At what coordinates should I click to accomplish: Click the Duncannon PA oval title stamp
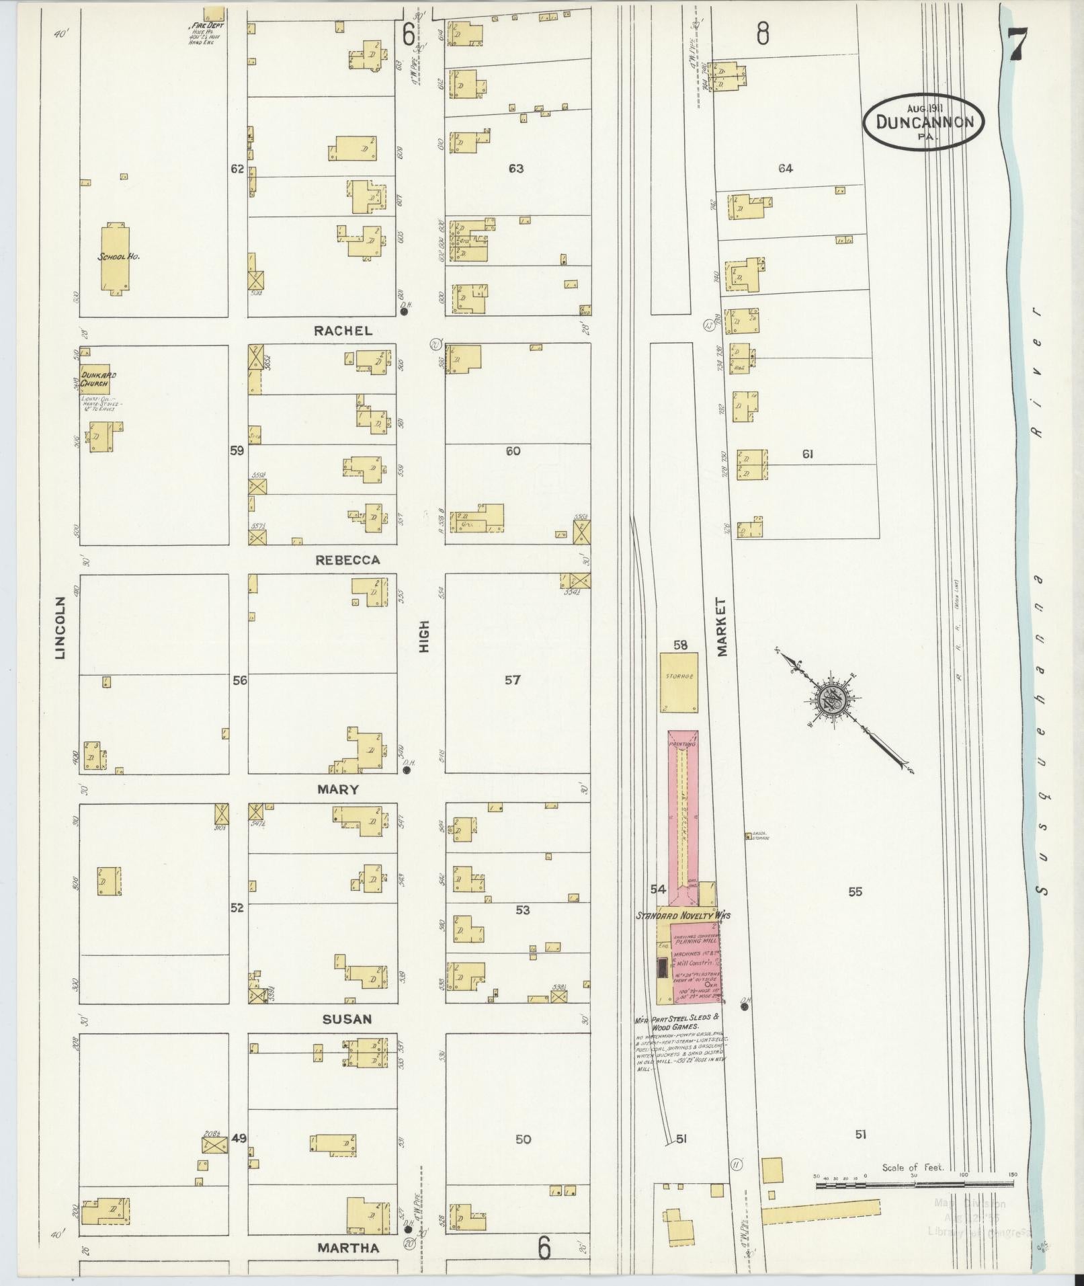[923, 122]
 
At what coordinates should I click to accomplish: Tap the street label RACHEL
[342, 331]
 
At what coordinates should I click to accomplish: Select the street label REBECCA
[347, 560]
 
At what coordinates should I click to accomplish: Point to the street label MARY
[338, 789]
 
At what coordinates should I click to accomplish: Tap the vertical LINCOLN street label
[60, 627]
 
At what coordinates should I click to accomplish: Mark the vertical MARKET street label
[722, 627]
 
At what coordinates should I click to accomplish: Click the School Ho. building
[116, 257]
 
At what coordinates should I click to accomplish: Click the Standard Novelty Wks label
[683, 916]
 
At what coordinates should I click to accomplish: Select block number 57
[513, 680]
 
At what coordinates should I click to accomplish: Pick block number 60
[513, 451]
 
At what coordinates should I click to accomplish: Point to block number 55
[855, 892]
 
